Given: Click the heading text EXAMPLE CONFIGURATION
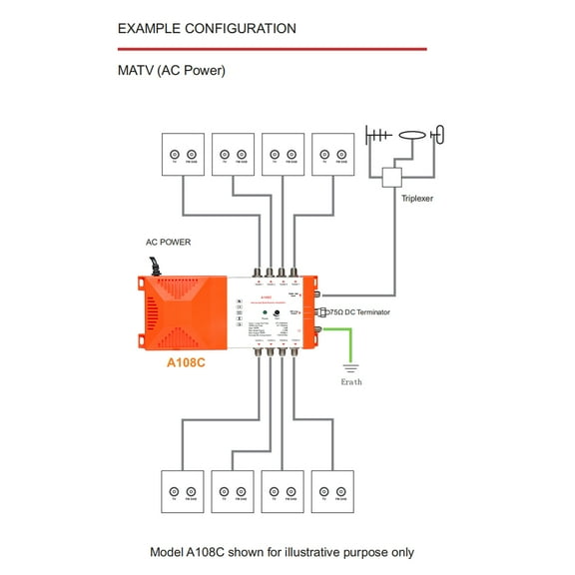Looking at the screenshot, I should point(207,29).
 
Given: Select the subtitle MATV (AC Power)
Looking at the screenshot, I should point(172,71).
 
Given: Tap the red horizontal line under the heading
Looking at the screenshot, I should point(272,48).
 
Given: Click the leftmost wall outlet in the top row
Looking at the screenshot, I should point(183,155).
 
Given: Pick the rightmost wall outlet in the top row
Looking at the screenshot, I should point(332,155).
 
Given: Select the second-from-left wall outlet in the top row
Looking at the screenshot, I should point(233,155).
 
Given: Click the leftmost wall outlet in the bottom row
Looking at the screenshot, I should point(183,492).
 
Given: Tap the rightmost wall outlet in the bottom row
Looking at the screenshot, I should point(332,492).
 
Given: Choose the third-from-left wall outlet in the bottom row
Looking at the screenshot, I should point(283,492).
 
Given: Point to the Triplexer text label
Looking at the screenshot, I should point(417,199).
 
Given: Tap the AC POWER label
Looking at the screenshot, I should point(168,242).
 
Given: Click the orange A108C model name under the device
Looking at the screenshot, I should point(186,362).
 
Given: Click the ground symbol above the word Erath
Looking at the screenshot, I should point(352,368).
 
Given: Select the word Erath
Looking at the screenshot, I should point(351,382).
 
